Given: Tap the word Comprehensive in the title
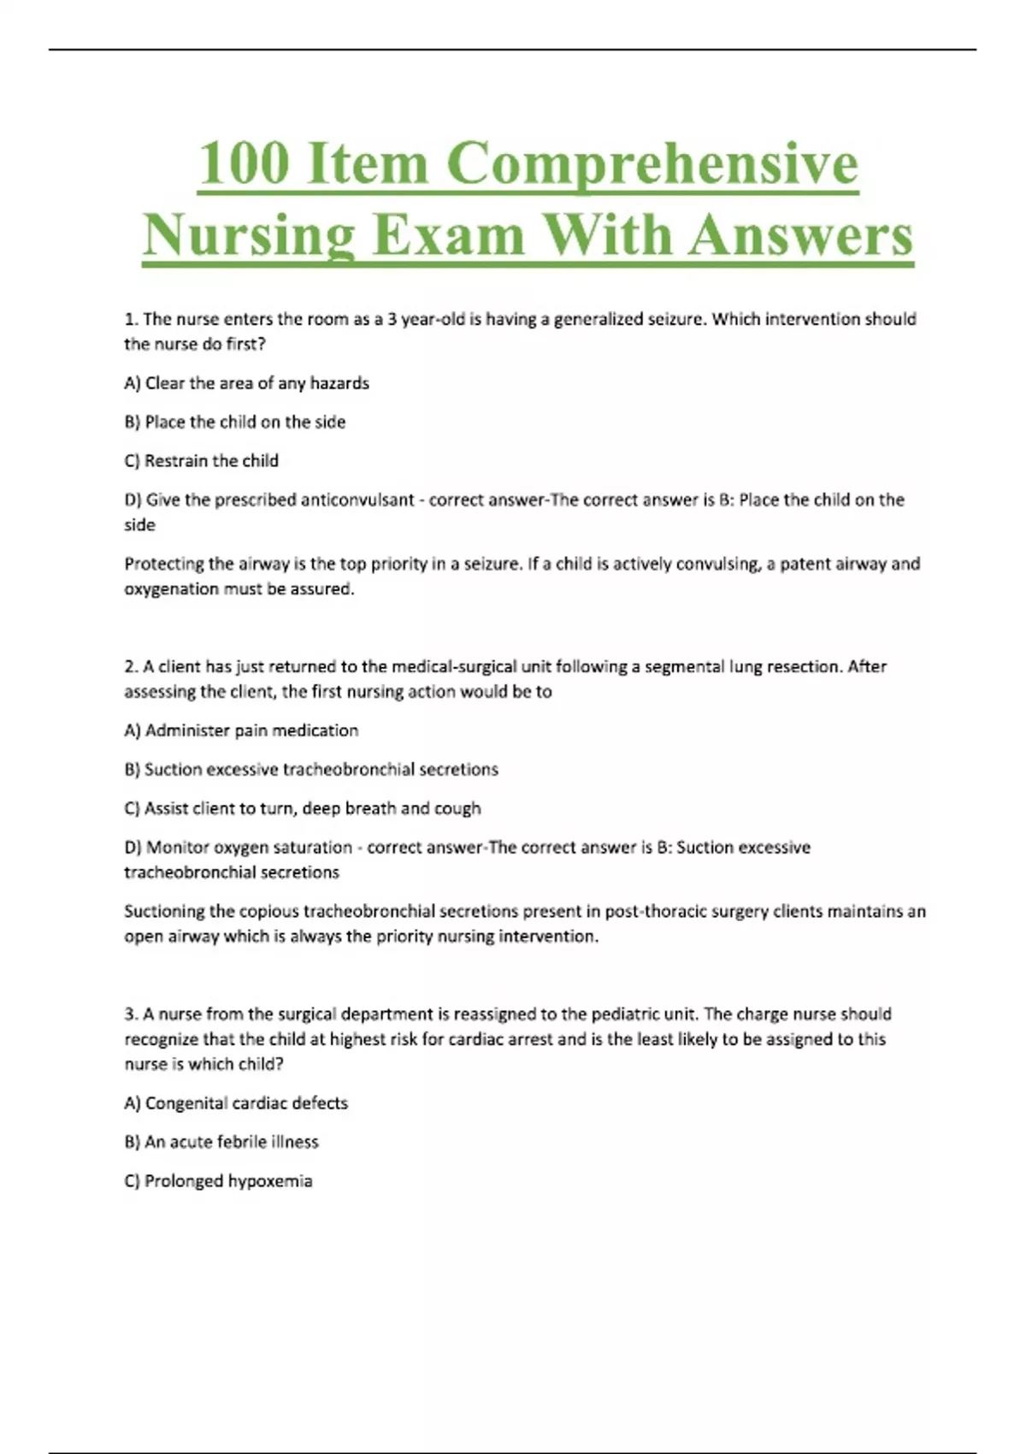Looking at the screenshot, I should (x=652, y=164).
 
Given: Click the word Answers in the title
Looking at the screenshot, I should (x=801, y=235).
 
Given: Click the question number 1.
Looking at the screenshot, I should (x=130, y=320).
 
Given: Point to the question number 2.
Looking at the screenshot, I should (x=130, y=667).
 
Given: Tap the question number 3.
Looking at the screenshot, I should (x=130, y=1014).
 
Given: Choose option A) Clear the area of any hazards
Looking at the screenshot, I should (x=246, y=383).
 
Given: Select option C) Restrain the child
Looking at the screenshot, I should (x=202, y=461).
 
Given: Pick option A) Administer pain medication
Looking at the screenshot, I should (x=241, y=730).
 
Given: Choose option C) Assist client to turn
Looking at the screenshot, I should (x=303, y=808).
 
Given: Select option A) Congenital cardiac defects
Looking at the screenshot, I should (x=236, y=1103).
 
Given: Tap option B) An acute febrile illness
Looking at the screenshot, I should (x=221, y=1142).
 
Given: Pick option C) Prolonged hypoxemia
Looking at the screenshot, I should (x=219, y=1181).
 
